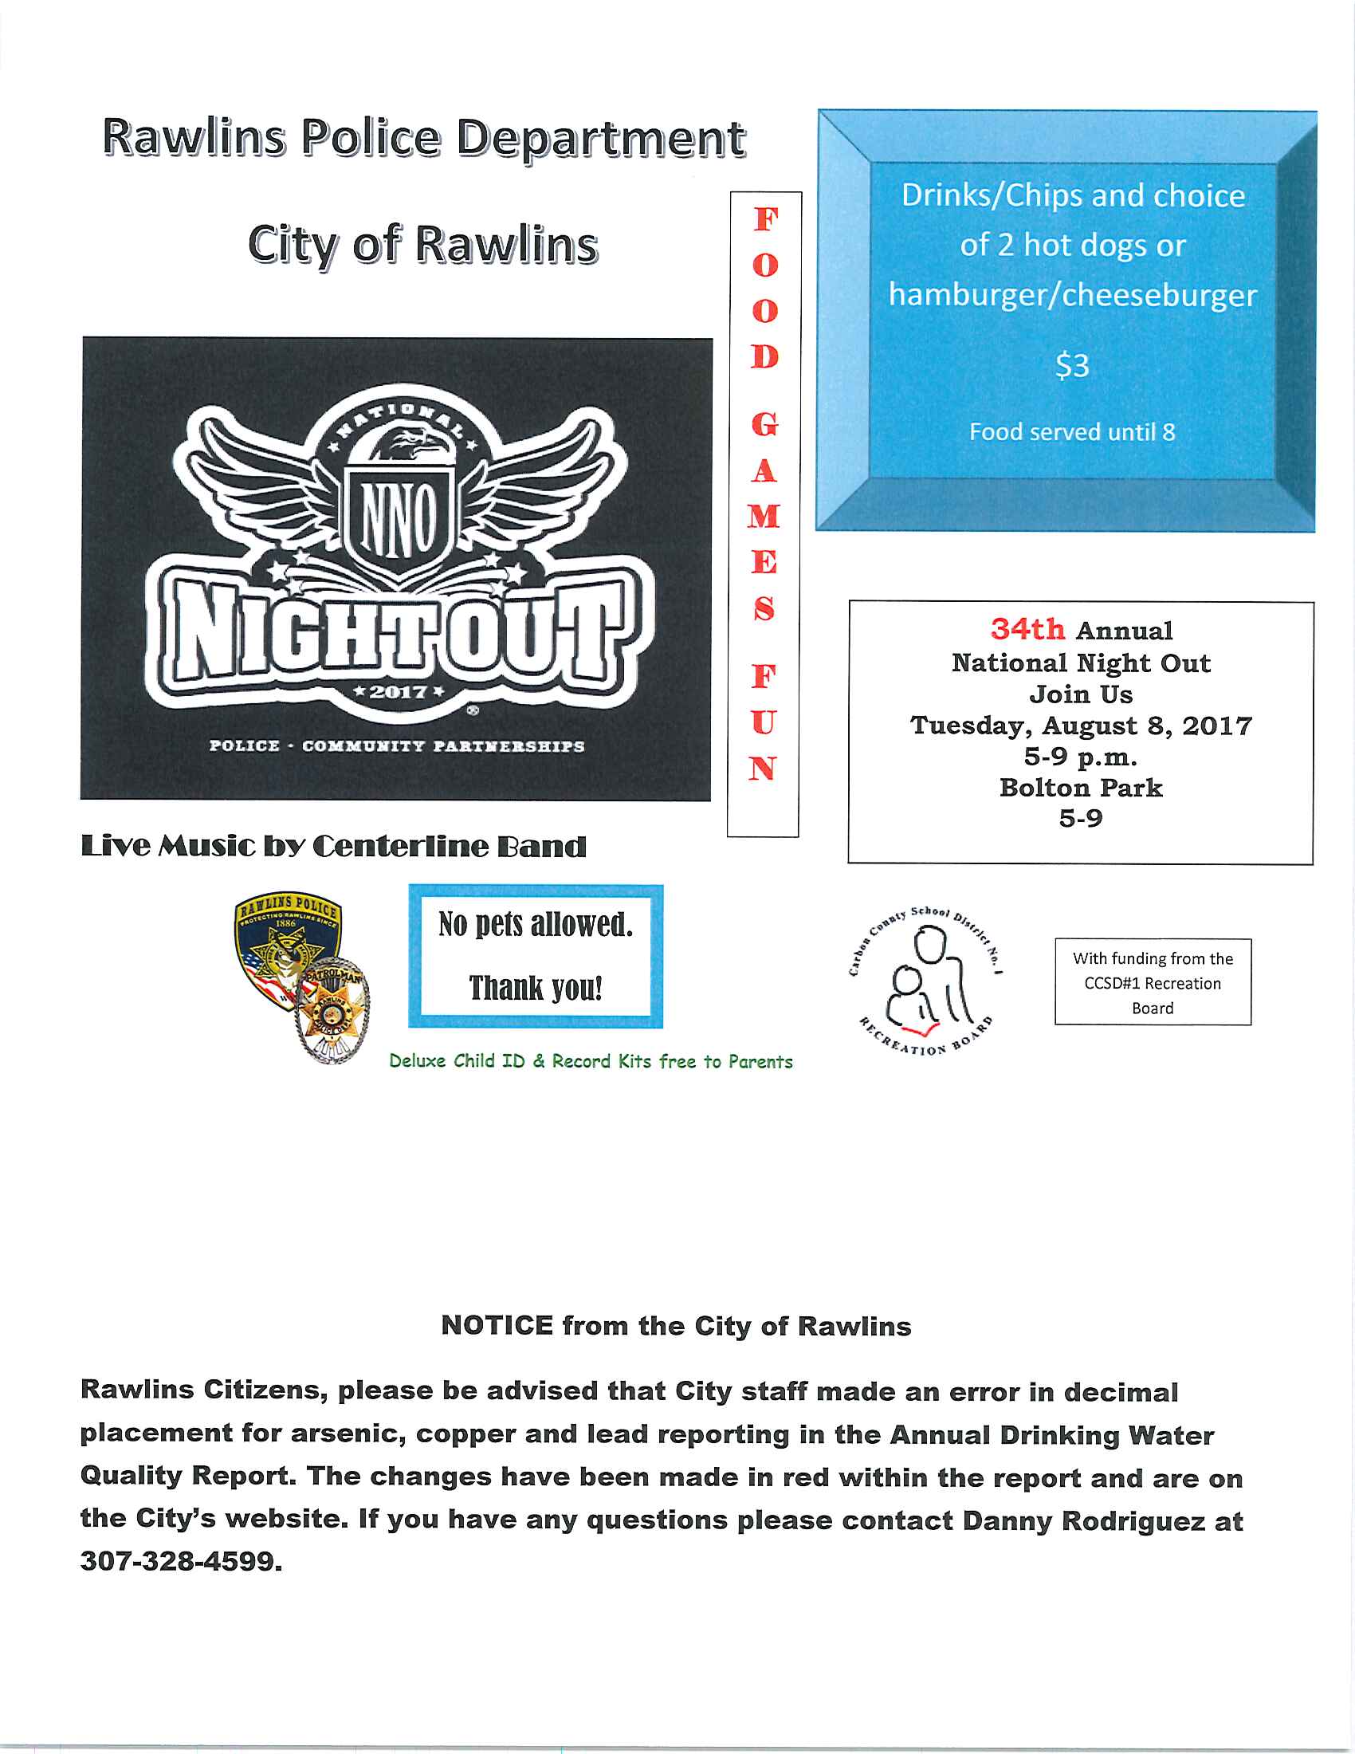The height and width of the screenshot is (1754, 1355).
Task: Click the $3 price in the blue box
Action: pos(1071,366)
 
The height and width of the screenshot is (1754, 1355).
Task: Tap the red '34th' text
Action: pos(1027,629)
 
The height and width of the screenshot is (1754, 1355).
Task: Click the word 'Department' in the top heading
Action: pos(601,138)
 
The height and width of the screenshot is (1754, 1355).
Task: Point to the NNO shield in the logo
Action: pos(399,518)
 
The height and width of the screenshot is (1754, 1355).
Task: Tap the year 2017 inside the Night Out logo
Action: pos(399,691)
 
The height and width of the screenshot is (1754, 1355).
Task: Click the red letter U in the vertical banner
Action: pos(764,723)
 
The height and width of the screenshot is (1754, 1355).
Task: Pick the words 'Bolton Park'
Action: pos(1081,788)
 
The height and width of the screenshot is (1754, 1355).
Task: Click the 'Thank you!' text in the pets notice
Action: pos(536,988)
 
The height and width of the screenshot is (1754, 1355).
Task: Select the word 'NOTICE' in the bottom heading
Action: pos(497,1326)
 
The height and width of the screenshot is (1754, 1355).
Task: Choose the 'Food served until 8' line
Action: pos(1071,432)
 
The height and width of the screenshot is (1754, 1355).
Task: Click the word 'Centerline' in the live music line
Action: pos(399,847)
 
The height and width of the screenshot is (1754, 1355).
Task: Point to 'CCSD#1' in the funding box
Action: pos(1112,983)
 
